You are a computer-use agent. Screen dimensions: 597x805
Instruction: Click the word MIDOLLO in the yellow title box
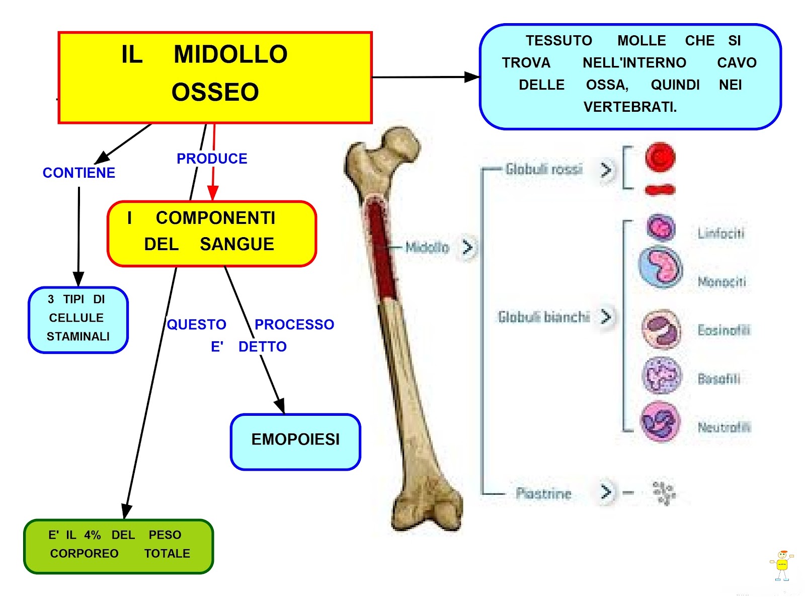click(230, 54)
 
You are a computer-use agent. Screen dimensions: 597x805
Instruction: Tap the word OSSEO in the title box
click(215, 92)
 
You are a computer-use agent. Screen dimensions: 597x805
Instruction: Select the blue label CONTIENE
click(79, 173)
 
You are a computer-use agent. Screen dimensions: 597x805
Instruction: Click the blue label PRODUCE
click(212, 159)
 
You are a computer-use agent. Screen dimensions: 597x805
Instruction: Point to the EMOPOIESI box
click(295, 439)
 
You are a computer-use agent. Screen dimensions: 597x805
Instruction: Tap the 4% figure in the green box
click(93, 535)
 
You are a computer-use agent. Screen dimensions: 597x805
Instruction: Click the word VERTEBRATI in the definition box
click(630, 107)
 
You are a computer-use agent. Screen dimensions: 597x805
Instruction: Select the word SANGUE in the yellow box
click(237, 244)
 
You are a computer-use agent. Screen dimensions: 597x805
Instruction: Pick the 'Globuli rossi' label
click(544, 169)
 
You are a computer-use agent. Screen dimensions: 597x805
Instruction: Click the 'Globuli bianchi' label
click(544, 317)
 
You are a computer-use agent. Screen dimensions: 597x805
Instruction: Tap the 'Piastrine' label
click(543, 493)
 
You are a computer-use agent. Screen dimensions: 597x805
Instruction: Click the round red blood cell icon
click(660, 157)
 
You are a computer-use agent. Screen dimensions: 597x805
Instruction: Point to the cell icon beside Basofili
click(662, 376)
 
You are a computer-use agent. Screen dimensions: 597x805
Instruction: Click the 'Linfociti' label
click(720, 233)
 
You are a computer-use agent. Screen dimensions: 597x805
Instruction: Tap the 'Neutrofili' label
click(723, 427)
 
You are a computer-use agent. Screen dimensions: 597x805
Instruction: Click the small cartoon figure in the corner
click(781, 565)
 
